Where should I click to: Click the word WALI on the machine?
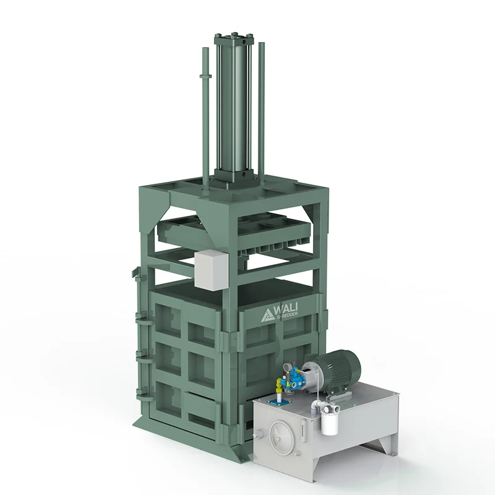pyautogui.click(x=286, y=308)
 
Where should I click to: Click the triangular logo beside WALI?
pyautogui.click(x=268, y=315)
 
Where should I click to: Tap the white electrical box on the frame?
pyautogui.click(x=211, y=270)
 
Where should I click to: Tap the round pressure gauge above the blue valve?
pyautogui.click(x=288, y=367)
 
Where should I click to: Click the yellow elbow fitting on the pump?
pyautogui.click(x=280, y=384)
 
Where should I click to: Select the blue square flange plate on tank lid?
pyautogui.click(x=275, y=403)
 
